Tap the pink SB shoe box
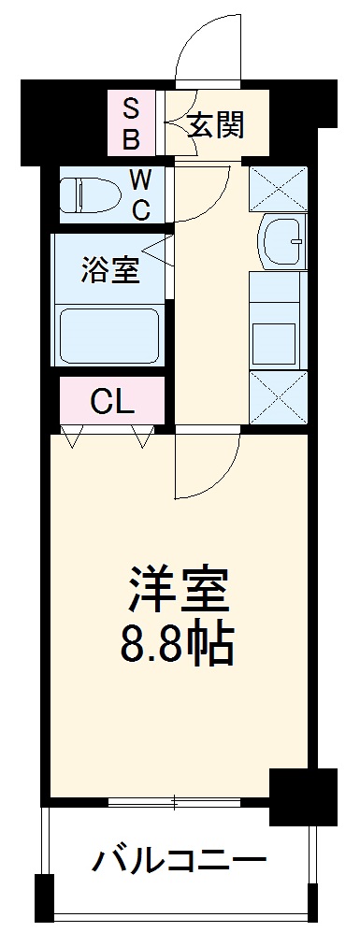132,122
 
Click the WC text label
138,194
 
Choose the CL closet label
113,401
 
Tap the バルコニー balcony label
177,858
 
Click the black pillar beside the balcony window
301,796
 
